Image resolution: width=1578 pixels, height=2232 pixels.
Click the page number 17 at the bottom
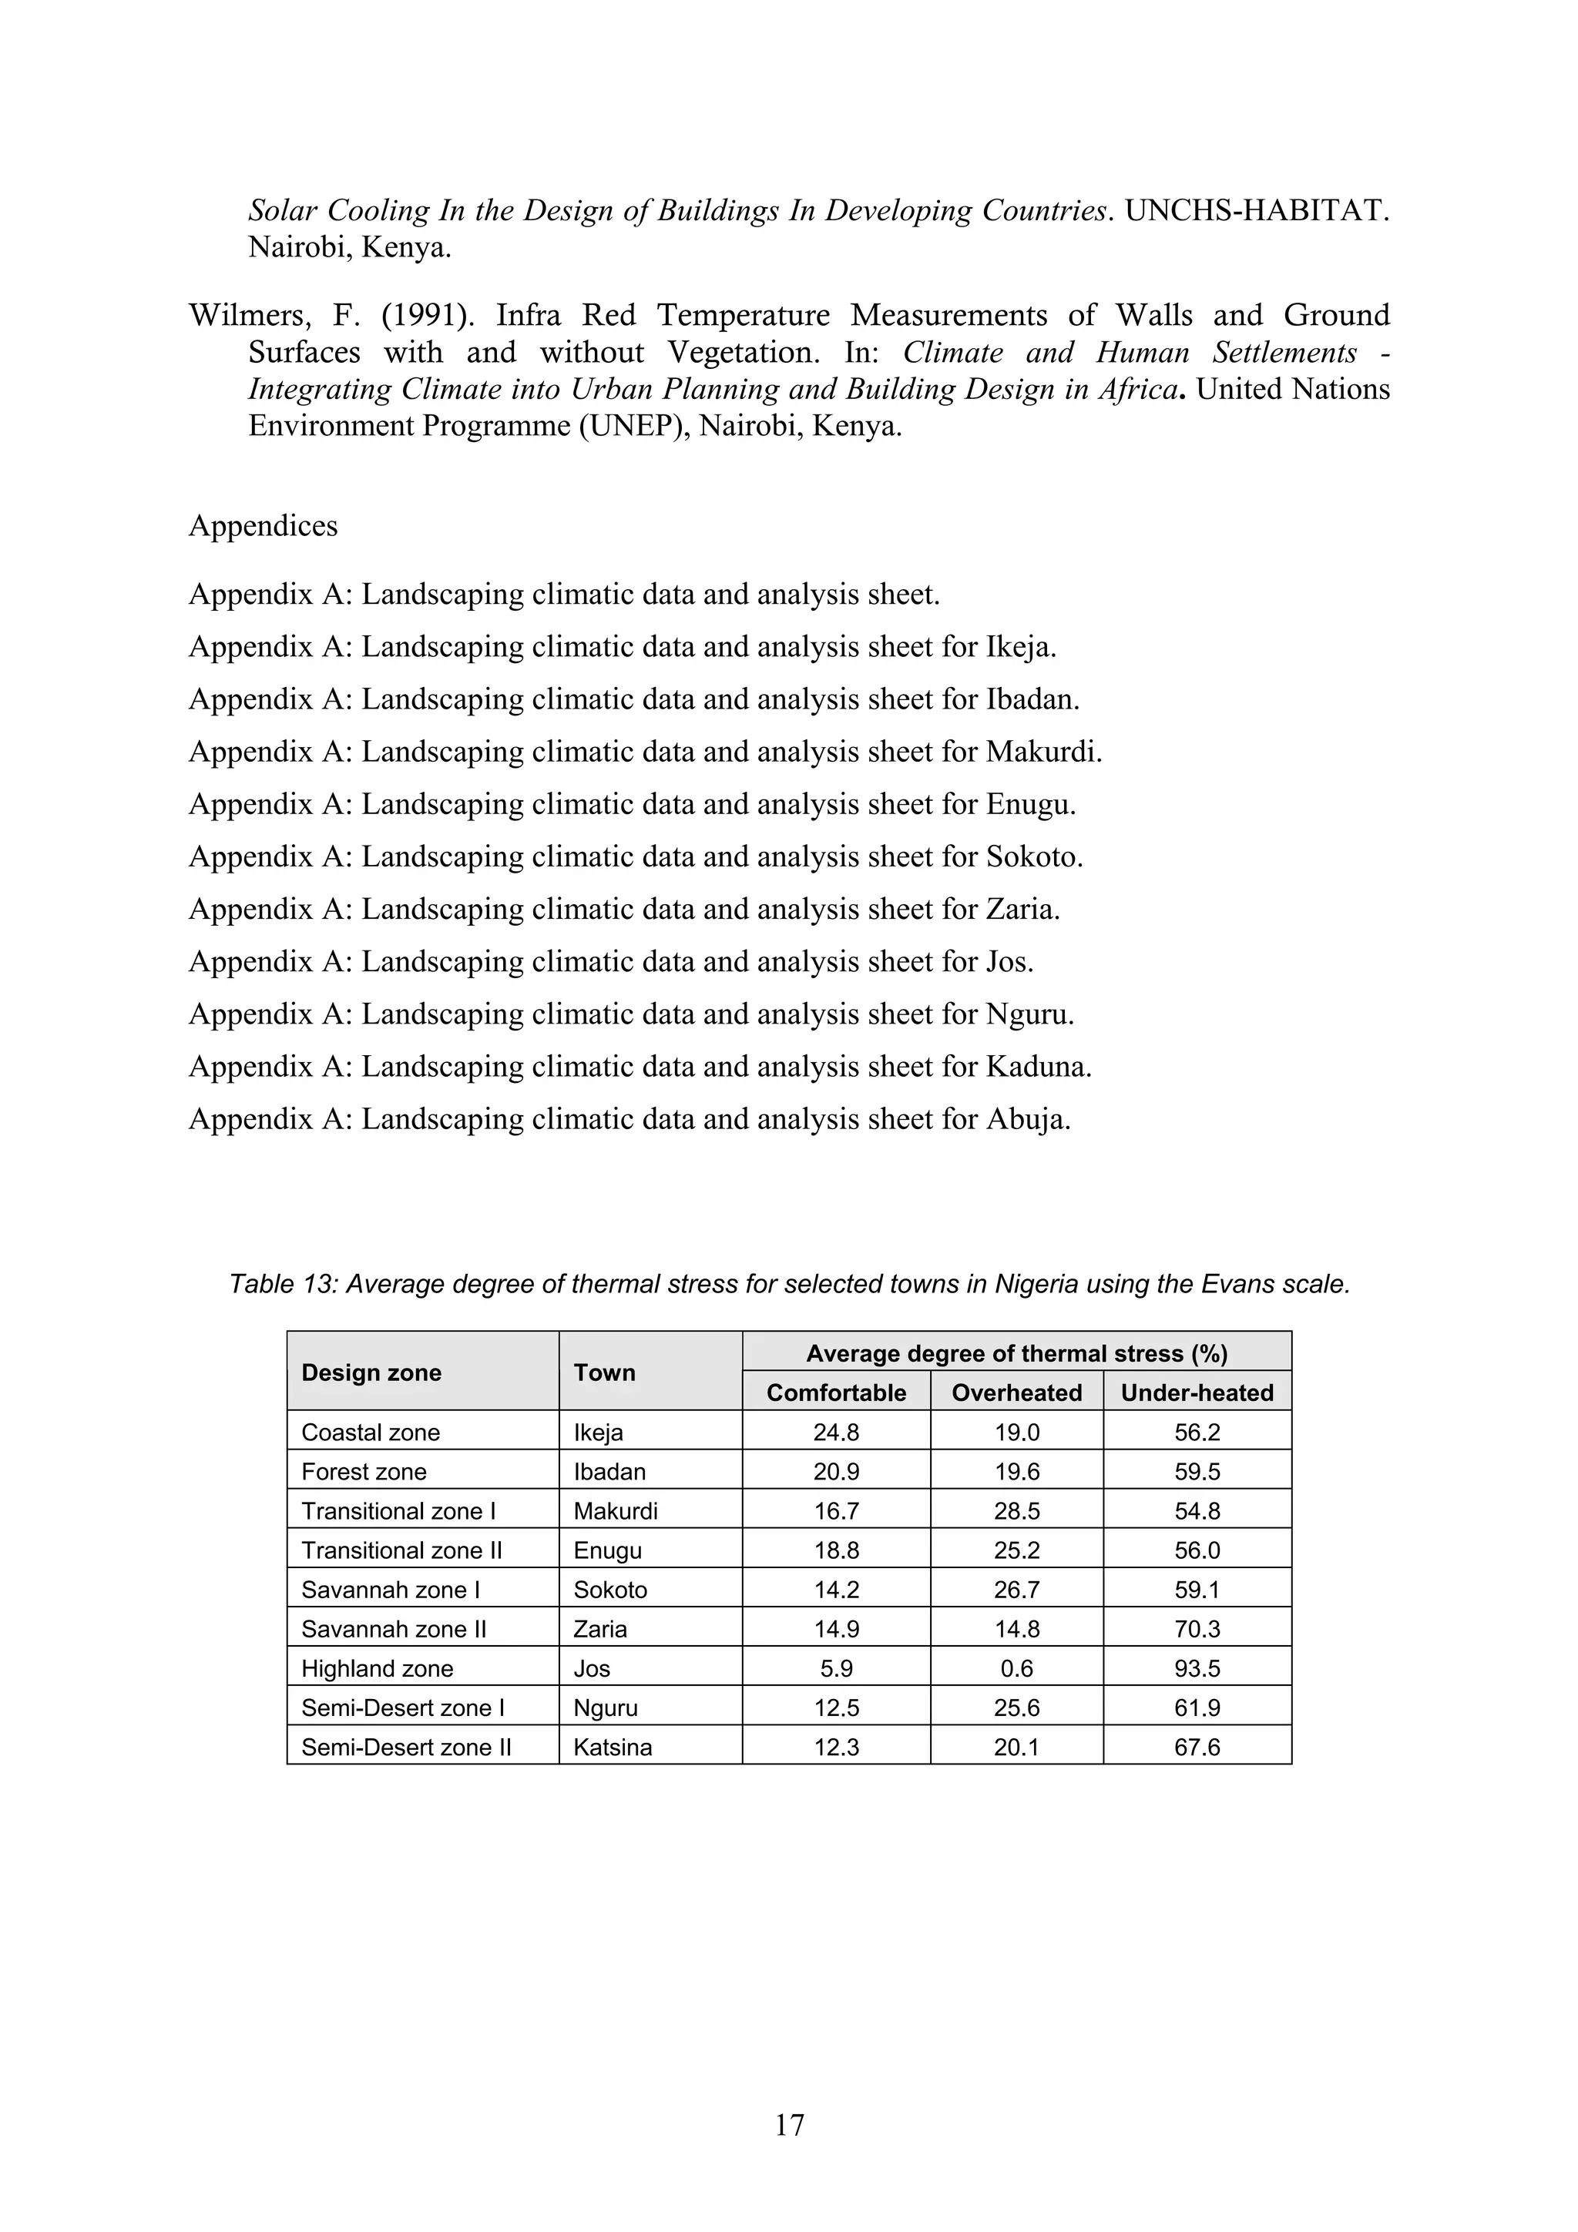(x=788, y=2125)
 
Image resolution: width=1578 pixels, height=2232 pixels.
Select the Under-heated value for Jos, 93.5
(x=1196, y=1668)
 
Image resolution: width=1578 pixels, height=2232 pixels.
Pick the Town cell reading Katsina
(x=613, y=1747)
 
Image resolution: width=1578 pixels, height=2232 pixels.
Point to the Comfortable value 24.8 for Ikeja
(x=835, y=1432)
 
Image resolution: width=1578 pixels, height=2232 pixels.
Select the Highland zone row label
(x=378, y=1668)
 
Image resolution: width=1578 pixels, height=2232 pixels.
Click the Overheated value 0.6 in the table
(x=1016, y=1668)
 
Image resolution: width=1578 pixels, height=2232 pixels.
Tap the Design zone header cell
(x=371, y=1372)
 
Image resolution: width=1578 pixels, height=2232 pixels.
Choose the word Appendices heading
(x=263, y=526)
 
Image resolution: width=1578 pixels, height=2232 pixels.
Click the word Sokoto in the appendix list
(x=1032, y=856)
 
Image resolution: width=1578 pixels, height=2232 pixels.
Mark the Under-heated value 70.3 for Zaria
(x=1196, y=1628)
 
